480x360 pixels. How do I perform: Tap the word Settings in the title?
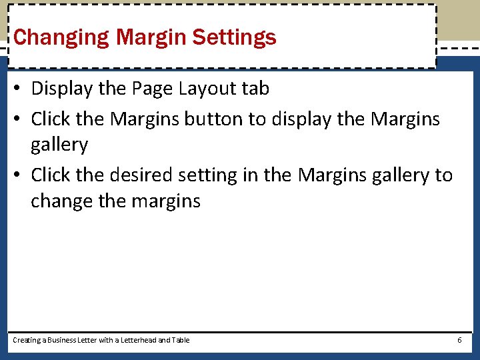tap(234, 37)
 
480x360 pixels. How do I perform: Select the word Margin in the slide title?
tap(151, 37)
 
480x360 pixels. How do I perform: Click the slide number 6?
tap(459, 340)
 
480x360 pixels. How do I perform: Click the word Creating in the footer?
tap(26, 340)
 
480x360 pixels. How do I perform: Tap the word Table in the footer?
tap(181, 340)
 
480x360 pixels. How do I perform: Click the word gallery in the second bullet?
tap(59, 144)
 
